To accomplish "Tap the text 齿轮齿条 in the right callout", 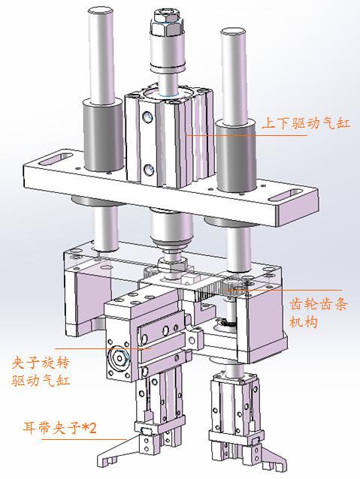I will pos(317,305).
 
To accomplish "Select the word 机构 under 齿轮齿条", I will pos(303,322).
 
